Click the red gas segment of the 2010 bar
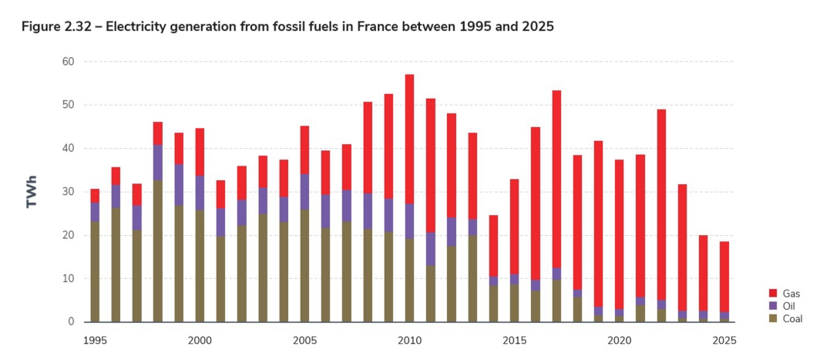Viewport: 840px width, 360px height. (x=409, y=139)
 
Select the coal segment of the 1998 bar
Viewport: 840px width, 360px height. (x=157, y=251)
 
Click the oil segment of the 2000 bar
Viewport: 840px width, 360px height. (x=200, y=192)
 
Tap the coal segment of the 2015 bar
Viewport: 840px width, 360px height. (x=515, y=303)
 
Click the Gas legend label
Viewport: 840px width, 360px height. (x=791, y=294)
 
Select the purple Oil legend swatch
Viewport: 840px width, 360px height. (x=773, y=306)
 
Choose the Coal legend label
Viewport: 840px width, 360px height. (x=792, y=318)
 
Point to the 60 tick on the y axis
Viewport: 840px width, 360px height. (x=67, y=61)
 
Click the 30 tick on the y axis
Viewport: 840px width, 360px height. (x=67, y=191)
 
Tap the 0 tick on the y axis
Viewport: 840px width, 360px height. (x=70, y=321)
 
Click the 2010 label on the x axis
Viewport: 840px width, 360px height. (x=409, y=339)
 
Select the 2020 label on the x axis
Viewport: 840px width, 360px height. (x=619, y=339)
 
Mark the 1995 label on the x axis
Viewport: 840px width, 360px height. (x=95, y=339)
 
